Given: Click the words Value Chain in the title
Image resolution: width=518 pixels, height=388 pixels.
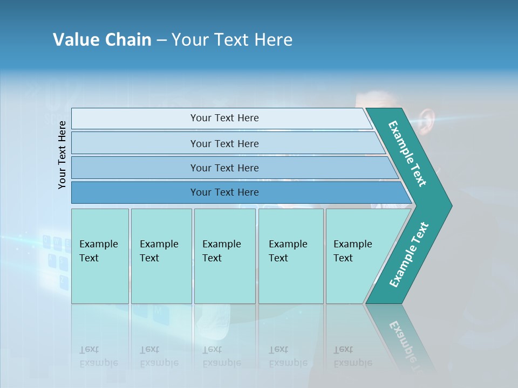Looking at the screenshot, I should tap(102, 40).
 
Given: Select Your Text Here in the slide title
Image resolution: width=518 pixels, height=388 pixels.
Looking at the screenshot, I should tap(232, 40).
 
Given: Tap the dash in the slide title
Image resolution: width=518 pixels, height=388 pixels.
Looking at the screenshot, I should tap(161, 40).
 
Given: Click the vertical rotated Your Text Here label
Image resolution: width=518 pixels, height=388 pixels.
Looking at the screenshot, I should tap(62, 155).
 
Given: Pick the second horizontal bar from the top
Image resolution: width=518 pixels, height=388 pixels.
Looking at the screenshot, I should tap(224, 143).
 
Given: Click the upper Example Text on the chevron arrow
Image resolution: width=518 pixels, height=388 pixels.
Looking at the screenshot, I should tap(407, 154).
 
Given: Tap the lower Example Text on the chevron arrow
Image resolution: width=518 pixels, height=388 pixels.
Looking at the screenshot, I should tap(408, 255).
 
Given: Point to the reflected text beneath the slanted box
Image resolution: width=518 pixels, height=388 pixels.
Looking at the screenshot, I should tap(352, 357).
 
